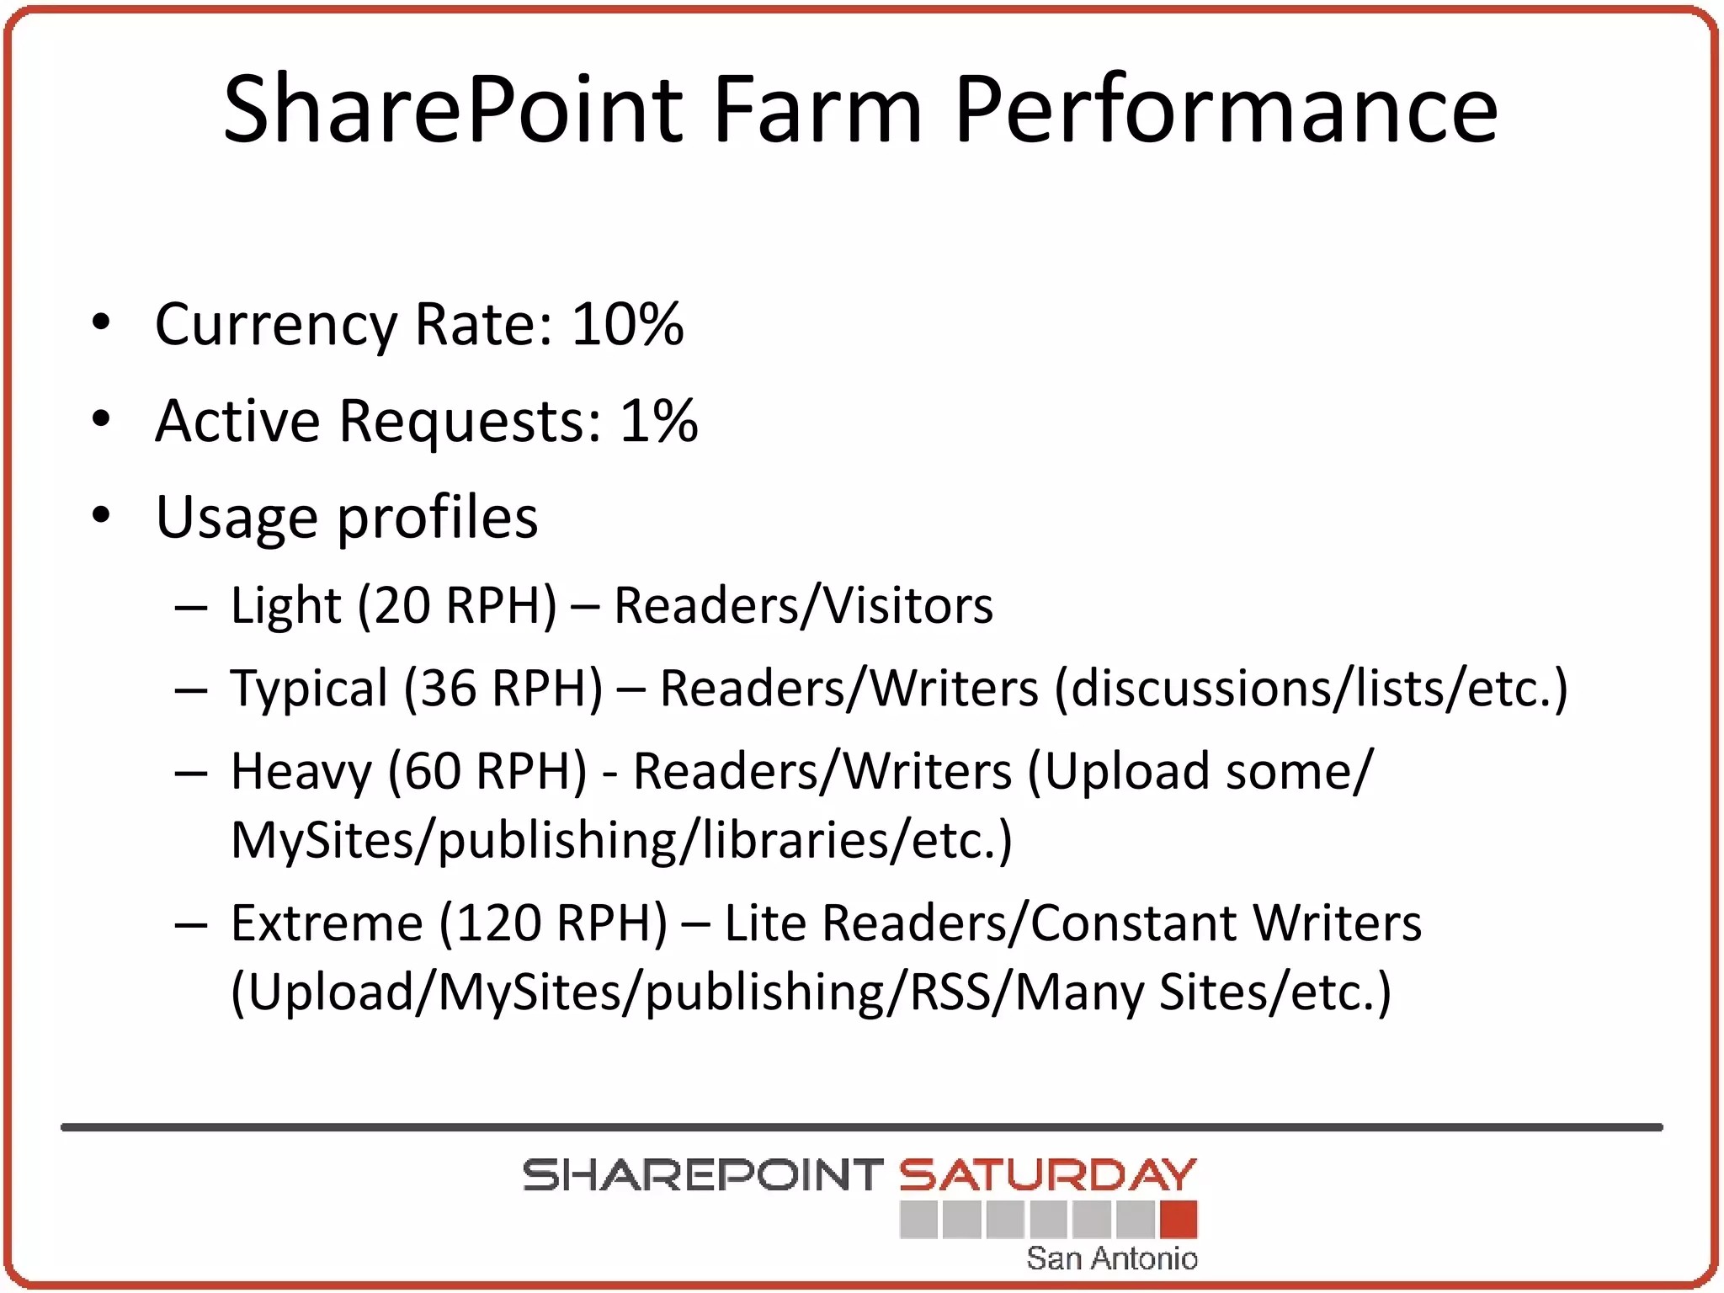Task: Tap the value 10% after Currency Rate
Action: (627, 324)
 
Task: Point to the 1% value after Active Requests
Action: (658, 420)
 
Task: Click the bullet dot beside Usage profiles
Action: (102, 515)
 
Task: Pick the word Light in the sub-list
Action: (285, 605)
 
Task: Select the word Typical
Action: (309, 689)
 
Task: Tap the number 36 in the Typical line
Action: (449, 689)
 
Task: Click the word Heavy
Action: (301, 771)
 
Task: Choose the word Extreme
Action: (326, 923)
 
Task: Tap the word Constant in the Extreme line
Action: (1133, 923)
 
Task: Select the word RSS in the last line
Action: (950, 992)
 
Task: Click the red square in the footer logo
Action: (1178, 1219)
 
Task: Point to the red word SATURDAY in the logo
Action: (1047, 1175)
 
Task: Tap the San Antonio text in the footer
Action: (1111, 1258)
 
